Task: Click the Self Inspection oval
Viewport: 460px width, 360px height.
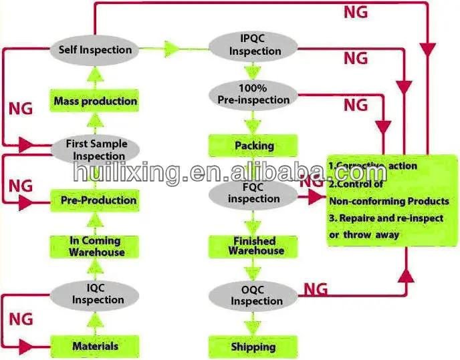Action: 94,50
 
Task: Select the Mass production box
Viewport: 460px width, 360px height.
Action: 95,102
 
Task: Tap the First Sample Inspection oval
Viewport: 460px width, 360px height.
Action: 95,150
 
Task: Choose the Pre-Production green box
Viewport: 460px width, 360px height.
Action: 95,200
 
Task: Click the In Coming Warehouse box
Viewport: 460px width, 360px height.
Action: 95,246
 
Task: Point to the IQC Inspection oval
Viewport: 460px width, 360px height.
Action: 95,294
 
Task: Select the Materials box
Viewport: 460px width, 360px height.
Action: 95,346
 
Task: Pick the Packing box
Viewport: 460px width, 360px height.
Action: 252,146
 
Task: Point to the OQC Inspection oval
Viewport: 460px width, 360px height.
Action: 255,295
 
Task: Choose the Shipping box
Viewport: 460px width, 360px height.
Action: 252,347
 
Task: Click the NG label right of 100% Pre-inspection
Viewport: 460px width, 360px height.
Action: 356,104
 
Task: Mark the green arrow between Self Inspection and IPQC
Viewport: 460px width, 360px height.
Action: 172,49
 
